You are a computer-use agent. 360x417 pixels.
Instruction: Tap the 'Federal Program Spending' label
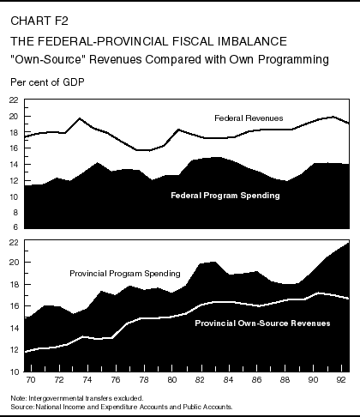[225, 195]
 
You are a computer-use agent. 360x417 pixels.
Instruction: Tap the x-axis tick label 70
[31, 379]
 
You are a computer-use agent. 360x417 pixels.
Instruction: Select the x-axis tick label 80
[171, 379]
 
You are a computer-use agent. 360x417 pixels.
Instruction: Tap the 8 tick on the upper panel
[14, 213]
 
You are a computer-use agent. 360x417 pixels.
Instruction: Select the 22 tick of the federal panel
[12, 100]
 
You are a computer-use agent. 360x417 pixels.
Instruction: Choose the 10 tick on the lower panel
[12, 372]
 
